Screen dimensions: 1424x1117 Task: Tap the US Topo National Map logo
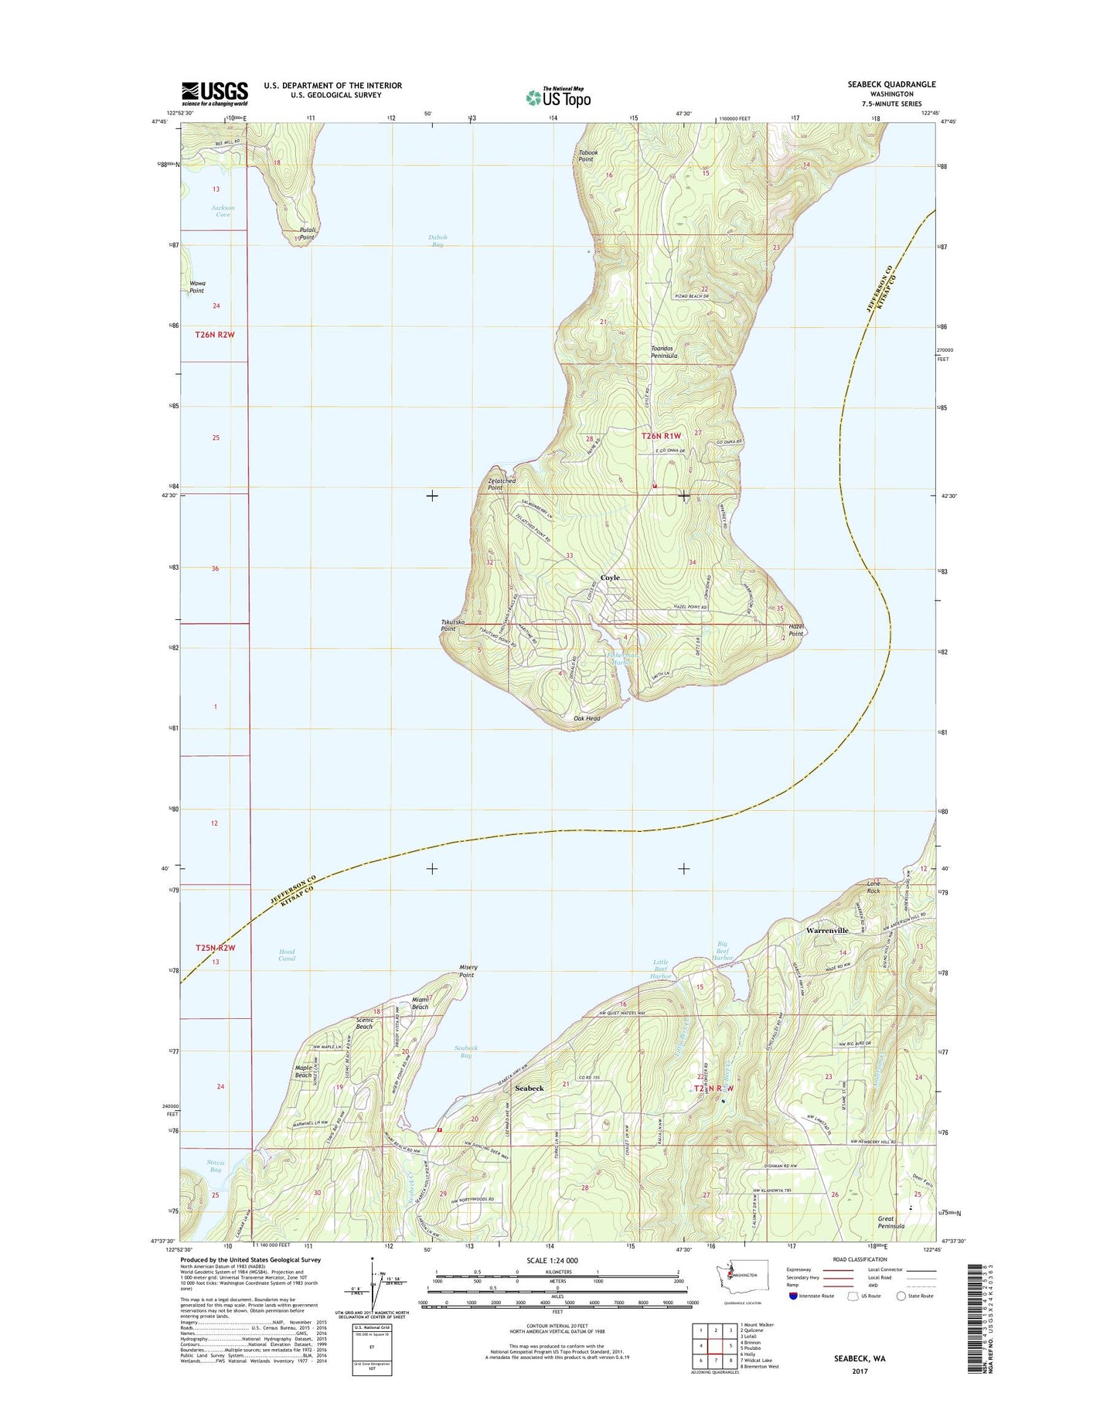(558, 97)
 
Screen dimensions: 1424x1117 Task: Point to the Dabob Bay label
(438, 241)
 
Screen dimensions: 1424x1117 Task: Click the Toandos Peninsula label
(664, 352)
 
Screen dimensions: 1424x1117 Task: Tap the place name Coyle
(610, 577)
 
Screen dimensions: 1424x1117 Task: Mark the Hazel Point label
(795, 630)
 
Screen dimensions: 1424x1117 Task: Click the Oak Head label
(587, 718)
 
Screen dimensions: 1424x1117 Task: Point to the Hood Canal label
(287, 956)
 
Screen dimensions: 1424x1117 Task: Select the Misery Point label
(468, 971)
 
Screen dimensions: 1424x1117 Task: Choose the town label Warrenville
(827, 931)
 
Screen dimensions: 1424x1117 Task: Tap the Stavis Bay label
(215, 1166)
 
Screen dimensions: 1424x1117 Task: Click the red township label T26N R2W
(215, 335)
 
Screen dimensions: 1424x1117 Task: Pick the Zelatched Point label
(501, 484)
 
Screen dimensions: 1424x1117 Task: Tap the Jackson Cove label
(223, 211)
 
